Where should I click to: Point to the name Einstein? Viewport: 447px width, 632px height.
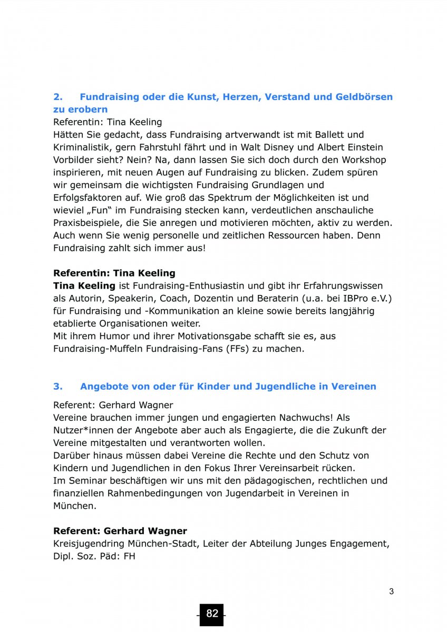coord(364,147)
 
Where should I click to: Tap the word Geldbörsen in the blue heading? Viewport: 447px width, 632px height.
coord(364,97)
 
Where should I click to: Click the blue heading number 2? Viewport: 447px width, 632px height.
coord(57,97)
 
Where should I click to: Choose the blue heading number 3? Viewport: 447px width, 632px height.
coord(57,387)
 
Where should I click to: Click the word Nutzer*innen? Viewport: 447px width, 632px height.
coord(81,430)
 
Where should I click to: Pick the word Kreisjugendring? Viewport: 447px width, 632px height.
coord(88,544)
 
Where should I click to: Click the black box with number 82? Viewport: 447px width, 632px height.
coord(212,614)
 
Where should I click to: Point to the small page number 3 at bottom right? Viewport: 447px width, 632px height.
coord(391,591)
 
